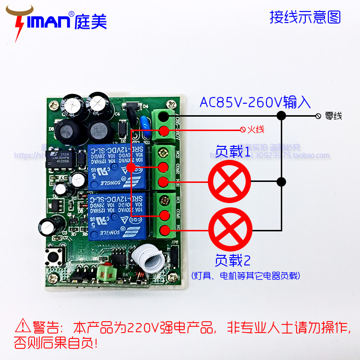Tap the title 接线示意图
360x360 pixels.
pos(305,17)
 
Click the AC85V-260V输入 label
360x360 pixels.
pos(255,102)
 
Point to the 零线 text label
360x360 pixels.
pos(334,116)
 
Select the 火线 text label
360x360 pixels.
pos(256,130)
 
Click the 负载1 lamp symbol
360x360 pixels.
pos(229,182)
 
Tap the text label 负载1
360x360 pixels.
pos(233,152)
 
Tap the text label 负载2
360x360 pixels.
pos(233,261)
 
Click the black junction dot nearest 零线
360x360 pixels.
pos(282,116)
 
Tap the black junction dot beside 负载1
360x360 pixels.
pos(282,182)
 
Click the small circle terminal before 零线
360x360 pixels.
pos(318,116)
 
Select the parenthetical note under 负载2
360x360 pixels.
pos(245,276)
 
